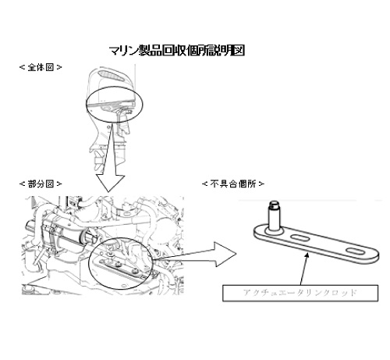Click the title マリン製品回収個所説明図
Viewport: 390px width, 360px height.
[177, 50]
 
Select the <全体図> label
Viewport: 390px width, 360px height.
[41, 67]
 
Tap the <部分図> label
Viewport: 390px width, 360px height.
[41, 184]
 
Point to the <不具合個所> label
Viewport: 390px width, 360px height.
[233, 184]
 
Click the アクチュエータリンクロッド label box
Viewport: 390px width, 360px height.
[300, 293]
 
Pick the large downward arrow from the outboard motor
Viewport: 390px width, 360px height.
[112, 159]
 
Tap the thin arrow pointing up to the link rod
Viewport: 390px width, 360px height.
[304, 269]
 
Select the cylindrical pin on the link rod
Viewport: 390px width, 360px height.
[275, 216]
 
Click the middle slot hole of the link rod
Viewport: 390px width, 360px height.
[300, 238]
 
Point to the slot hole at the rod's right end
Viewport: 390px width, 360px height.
[355, 251]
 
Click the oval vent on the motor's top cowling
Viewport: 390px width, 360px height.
[111, 75]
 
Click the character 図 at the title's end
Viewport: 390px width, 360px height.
[239, 50]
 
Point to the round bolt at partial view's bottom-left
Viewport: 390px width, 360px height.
[27, 289]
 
